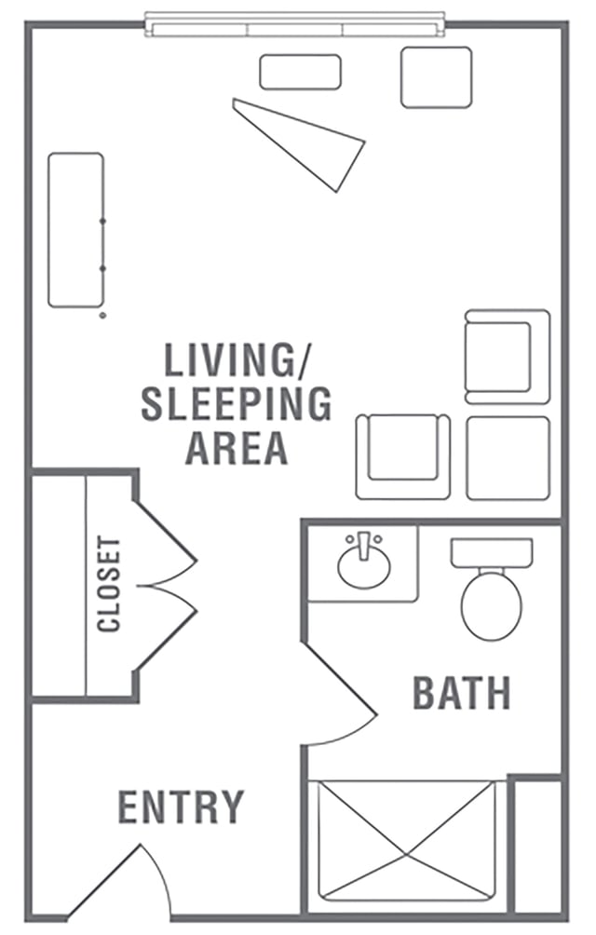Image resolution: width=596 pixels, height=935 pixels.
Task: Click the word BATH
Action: (462, 693)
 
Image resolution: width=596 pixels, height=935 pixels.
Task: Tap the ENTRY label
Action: (182, 806)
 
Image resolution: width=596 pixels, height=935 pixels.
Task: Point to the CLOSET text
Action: (110, 585)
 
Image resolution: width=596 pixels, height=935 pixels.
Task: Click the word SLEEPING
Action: (236, 403)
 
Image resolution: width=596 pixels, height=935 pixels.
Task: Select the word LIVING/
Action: (237, 359)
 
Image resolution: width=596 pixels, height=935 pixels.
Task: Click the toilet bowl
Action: (492, 605)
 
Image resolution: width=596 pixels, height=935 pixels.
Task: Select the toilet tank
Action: (492, 553)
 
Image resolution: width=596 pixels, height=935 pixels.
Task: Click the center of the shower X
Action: (407, 855)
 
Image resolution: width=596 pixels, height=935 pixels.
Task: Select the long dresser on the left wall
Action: (75, 230)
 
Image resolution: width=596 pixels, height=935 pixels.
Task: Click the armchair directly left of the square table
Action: (403, 456)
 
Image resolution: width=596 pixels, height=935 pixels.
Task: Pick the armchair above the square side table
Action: (508, 357)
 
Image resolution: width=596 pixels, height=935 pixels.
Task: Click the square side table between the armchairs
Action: (508, 458)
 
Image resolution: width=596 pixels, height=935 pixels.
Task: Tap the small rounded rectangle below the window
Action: (301, 72)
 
